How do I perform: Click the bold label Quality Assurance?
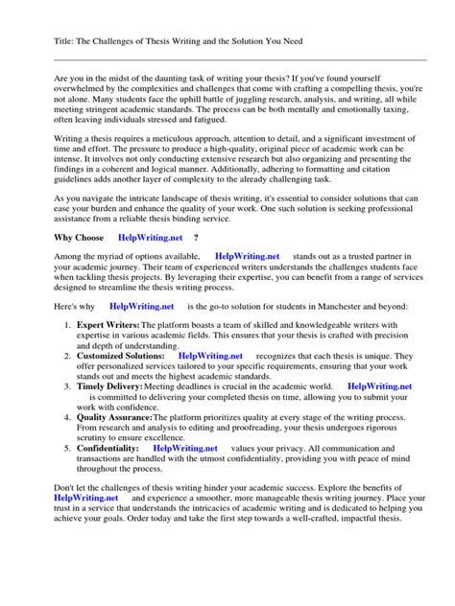point(115,418)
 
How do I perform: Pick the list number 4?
point(68,418)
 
